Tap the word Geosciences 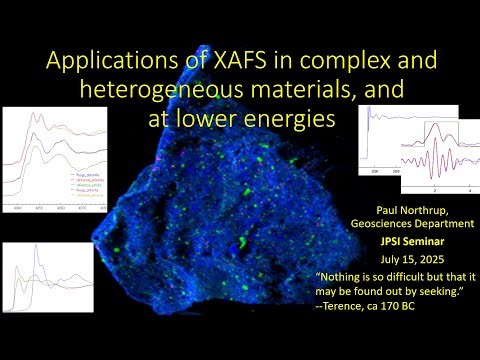pyautogui.click(x=384, y=226)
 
